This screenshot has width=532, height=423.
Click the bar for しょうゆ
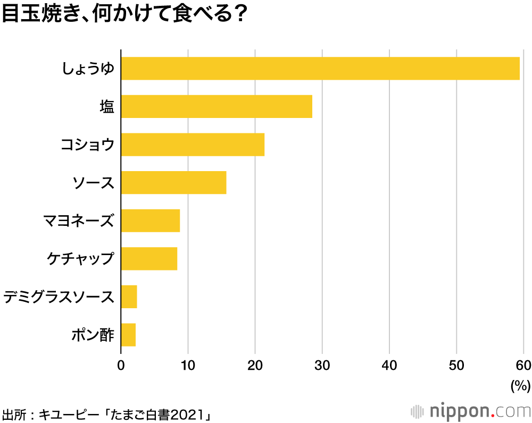tap(320, 69)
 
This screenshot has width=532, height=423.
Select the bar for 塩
tap(217, 106)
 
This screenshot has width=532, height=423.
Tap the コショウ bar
tap(193, 145)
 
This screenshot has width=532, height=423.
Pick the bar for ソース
tap(174, 182)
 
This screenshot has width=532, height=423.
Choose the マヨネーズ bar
tap(151, 221)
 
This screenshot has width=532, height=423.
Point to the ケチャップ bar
tap(149, 259)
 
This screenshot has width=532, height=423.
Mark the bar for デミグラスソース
tap(129, 297)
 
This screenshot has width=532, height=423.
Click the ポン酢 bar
tap(128, 335)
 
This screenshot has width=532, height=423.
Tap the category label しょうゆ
tap(88, 69)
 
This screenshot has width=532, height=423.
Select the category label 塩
tap(107, 106)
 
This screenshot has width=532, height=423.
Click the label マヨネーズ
tap(79, 221)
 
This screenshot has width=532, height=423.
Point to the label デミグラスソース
tap(59, 297)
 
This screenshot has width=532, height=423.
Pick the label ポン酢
tap(93, 335)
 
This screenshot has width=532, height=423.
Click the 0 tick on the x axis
tap(121, 366)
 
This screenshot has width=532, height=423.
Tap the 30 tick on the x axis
tap(322, 366)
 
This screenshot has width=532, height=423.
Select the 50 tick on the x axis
tap(456, 366)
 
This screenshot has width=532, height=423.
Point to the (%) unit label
tap(521, 386)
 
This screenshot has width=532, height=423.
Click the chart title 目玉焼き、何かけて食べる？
tap(124, 14)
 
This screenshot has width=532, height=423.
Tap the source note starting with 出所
tap(106, 414)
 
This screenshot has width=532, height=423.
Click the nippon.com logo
tap(471, 411)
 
